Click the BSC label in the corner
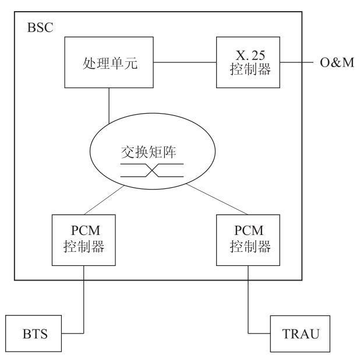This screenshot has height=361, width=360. pos(40,27)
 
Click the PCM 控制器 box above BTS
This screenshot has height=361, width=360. pos(84,239)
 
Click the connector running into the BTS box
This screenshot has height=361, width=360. pos(84,303)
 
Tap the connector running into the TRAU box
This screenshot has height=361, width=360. pos(249,303)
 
